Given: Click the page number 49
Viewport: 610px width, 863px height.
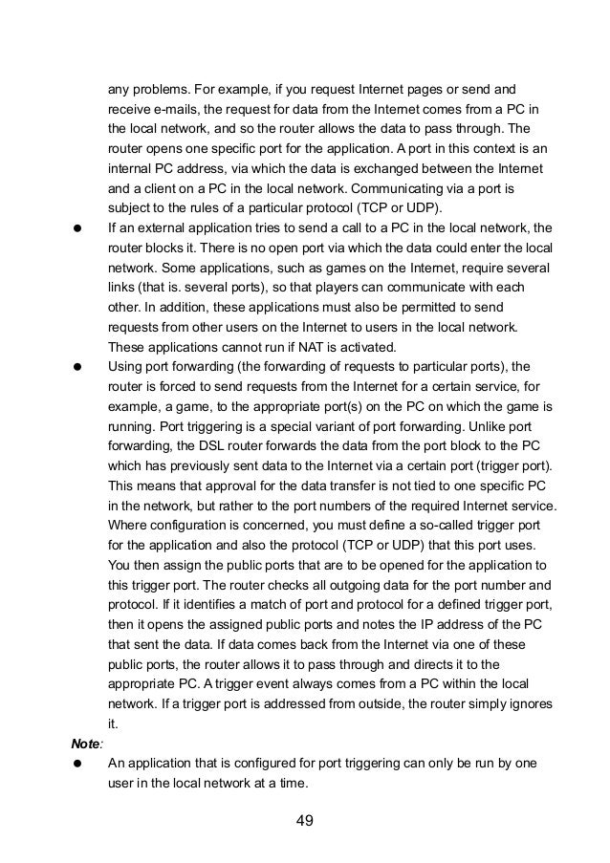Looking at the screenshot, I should (305, 819).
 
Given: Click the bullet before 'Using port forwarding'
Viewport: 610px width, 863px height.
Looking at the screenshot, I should (75, 365).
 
